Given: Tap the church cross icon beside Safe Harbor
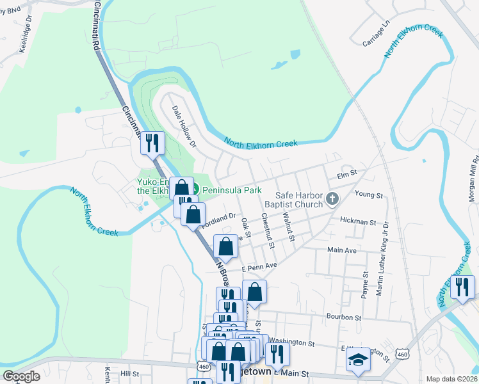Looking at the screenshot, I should point(332,200).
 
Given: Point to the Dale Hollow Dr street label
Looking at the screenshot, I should point(184,126).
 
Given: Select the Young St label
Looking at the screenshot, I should point(368,195).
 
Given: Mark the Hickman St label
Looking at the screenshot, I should point(358,222).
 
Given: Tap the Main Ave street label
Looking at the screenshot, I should point(341,250).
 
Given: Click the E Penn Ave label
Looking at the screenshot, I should point(259,266).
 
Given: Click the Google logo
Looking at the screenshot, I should point(21,376).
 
